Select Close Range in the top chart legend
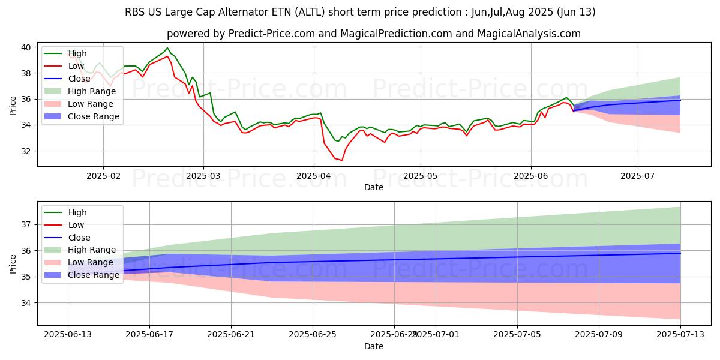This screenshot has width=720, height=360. click(x=94, y=116)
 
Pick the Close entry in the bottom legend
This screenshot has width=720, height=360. click(x=80, y=238)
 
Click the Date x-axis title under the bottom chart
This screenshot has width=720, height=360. click(x=374, y=346)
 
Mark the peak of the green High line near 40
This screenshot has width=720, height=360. click(x=167, y=48)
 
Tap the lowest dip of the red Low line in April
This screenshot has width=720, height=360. click(x=342, y=160)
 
